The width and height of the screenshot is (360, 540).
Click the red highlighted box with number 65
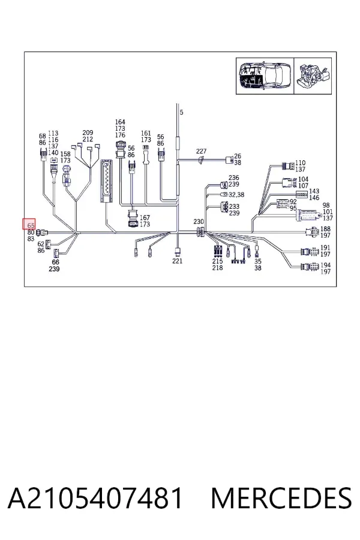[x=29, y=224]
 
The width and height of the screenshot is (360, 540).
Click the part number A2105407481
[x=95, y=498]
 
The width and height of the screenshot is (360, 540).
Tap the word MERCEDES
[x=281, y=498]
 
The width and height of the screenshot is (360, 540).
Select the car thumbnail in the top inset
[x=265, y=76]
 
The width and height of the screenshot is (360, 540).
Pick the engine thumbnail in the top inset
[x=313, y=76]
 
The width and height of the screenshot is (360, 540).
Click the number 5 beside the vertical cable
[x=182, y=112]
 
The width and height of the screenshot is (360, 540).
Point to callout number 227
[x=201, y=151]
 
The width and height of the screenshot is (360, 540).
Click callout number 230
[x=199, y=222]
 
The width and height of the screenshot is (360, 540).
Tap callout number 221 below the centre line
[x=178, y=261]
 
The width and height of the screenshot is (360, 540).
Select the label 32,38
[x=236, y=195]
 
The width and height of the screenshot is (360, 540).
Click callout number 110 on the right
[x=300, y=163]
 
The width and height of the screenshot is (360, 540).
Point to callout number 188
[x=325, y=229]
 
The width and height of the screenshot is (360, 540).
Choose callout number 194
[x=325, y=265]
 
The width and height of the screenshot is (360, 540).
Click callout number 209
[x=88, y=133]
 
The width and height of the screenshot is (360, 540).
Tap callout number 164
[x=120, y=122]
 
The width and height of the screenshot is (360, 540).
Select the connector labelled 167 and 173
[x=132, y=218]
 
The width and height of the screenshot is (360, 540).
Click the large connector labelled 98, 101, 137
[x=308, y=216]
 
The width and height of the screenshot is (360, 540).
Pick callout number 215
[x=217, y=261]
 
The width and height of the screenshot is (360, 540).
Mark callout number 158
[x=65, y=154]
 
